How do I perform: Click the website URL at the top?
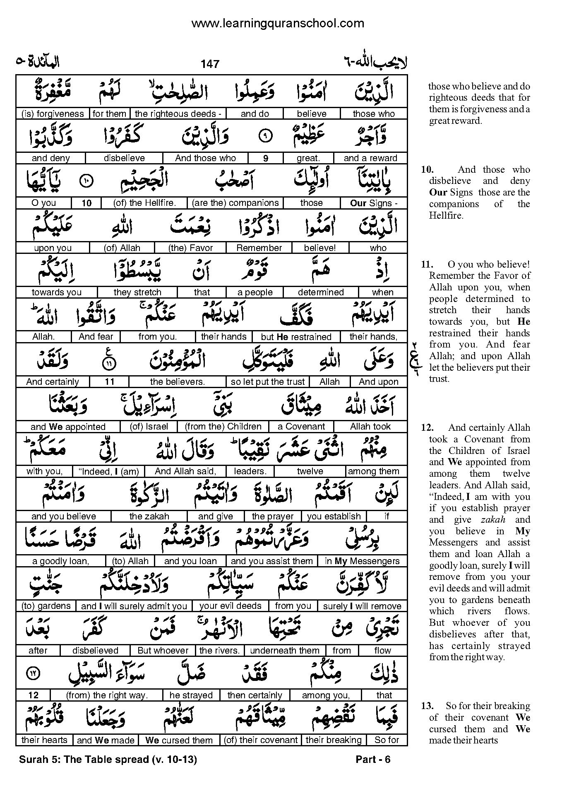(x=278, y=23)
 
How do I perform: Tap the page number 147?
(x=210, y=64)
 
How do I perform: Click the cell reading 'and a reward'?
(x=370, y=158)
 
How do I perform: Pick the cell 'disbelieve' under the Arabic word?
(x=124, y=158)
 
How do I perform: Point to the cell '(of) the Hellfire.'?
(x=144, y=203)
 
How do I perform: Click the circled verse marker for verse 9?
(x=266, y=136)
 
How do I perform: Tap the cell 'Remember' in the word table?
(x=259, y=248)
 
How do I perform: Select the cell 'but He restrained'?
(x=296, y=337)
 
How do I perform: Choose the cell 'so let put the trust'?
(x=268, y=381)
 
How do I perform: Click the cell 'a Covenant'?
(x=301, y=426)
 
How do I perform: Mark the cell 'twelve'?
(x=310, y=471)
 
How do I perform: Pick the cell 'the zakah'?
(x=149, y=516)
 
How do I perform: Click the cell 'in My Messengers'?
(x=362, y=561)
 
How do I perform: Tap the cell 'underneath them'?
(x=285, y=651)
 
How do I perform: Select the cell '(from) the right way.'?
(x=106, y=695)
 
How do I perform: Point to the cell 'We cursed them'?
(x=179, y=740)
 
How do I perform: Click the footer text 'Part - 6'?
(x=373, y=759)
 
